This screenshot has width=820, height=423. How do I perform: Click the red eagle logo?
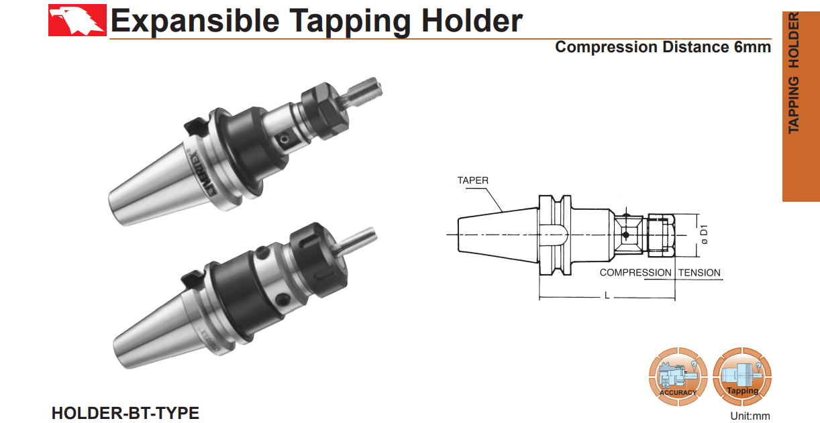[x=77, y=19]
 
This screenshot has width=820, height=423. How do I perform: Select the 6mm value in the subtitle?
[x=752, y=47]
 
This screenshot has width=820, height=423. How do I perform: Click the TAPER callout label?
[x=473, y=180]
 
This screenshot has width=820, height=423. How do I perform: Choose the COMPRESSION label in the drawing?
[x=635, y=273]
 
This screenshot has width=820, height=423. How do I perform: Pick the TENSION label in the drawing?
[x=699, y=273]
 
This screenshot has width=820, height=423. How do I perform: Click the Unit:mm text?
[x=751, y=416]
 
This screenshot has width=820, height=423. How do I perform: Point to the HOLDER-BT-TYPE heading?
[x=125, y=413]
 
